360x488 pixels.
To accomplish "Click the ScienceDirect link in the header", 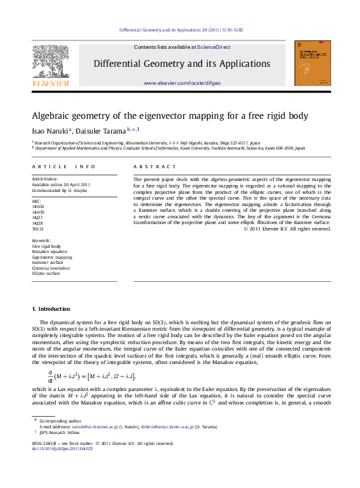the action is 214,47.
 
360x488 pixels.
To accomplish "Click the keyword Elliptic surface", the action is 46,274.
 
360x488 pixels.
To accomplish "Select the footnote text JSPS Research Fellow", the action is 60,432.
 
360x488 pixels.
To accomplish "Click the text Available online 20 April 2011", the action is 61,184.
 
